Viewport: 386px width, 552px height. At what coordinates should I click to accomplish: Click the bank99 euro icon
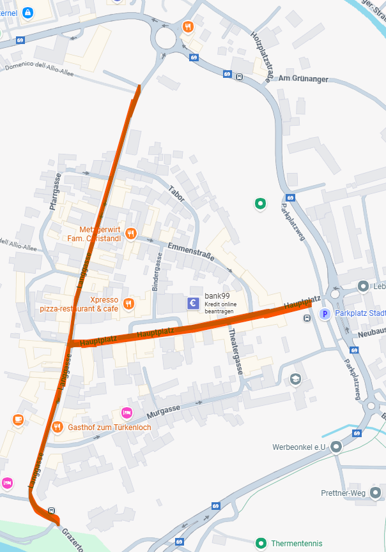point(193,303)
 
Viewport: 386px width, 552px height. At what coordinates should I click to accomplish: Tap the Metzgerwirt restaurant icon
point(130,233)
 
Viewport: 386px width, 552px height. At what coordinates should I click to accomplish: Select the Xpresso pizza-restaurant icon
point(128,304)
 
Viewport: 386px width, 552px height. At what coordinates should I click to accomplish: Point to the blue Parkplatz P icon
point(325,314)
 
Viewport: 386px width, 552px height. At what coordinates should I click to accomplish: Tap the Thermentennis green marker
point(261,544)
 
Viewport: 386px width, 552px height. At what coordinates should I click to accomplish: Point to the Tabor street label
point(177,193)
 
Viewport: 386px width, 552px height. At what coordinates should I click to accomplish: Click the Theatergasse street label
point(235,352)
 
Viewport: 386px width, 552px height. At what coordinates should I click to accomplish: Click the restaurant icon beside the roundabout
point(187,27)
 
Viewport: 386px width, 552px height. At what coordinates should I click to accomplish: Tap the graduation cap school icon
point(295,380)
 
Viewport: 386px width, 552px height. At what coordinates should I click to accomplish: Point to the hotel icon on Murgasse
point(127,413)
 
